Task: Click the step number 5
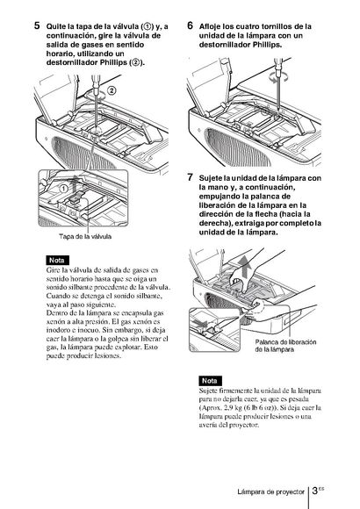(x=37, y=25)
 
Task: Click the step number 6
(x=190, y=25)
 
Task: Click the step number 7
(x=190, y=177)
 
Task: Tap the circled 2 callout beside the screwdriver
(x=112, y=90)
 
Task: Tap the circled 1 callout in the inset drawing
(x=63, y=189)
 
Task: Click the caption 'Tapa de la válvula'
(x=85, y=236)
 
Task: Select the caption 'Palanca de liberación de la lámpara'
(x=285, y=346)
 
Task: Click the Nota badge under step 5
(x=57, y=261)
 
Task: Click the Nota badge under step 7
(x=210, y=381)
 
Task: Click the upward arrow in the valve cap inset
(x=76, y=184)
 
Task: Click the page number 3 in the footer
(x=314, y=491)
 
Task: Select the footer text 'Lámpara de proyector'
(x=270, y=491)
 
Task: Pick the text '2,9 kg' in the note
(x=234, y=407)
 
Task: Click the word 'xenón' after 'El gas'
(x=145, y=321)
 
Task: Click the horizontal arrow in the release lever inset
(x=198, y=323)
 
